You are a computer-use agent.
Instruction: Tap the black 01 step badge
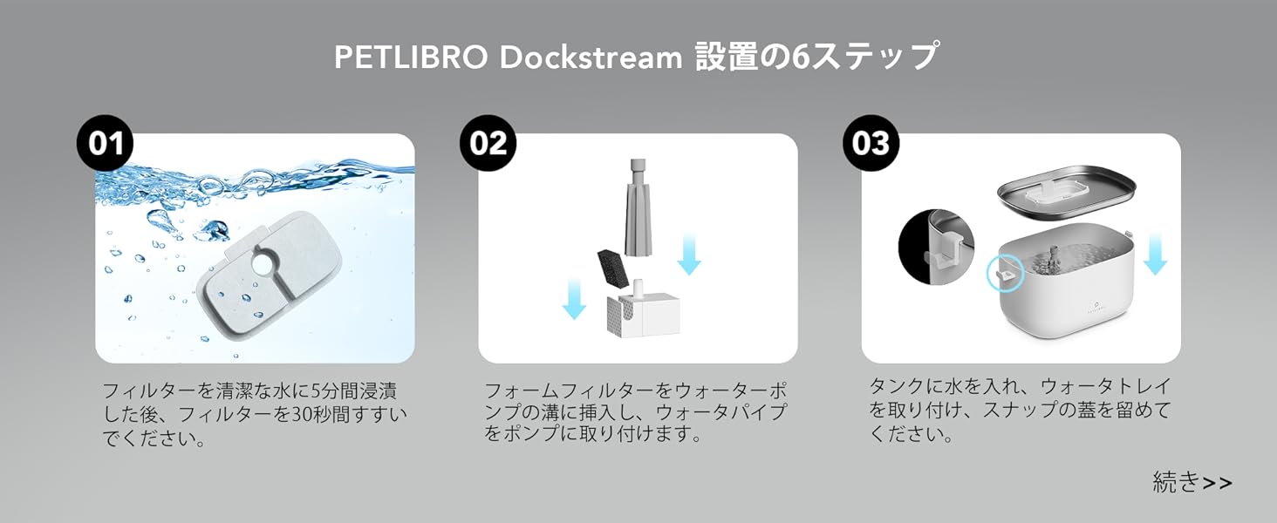(x=106, y=143)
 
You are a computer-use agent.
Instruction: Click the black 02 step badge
(x=488, y=143)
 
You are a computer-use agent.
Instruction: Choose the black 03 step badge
(x=871, y=143)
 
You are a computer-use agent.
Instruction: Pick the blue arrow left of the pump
(x=574, y=298)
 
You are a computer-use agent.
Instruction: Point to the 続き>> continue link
(x=1192, y=482)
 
